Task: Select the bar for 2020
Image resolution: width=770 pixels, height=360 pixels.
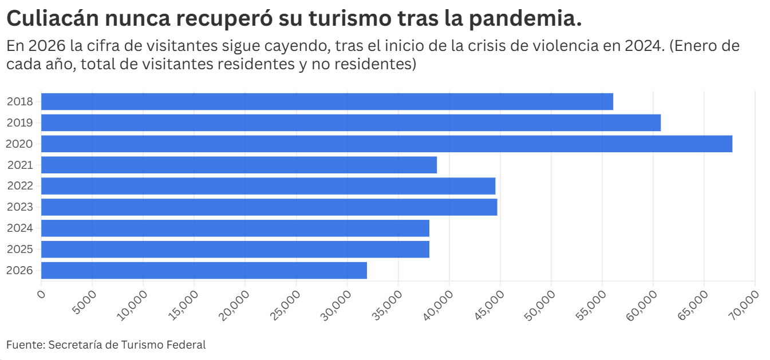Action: tap(386, 144)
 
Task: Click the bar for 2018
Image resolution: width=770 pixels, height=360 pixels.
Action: tap(327, 102)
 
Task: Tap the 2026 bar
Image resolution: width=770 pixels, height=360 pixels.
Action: tap(204, 270)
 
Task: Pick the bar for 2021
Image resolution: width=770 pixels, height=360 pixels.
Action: tap(239, 165)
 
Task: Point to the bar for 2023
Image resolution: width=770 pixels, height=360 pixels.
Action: tap(269, 207)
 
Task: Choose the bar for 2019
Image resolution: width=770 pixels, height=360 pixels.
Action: tap(351, 122)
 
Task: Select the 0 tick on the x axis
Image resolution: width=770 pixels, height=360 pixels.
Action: tap(41, 294)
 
